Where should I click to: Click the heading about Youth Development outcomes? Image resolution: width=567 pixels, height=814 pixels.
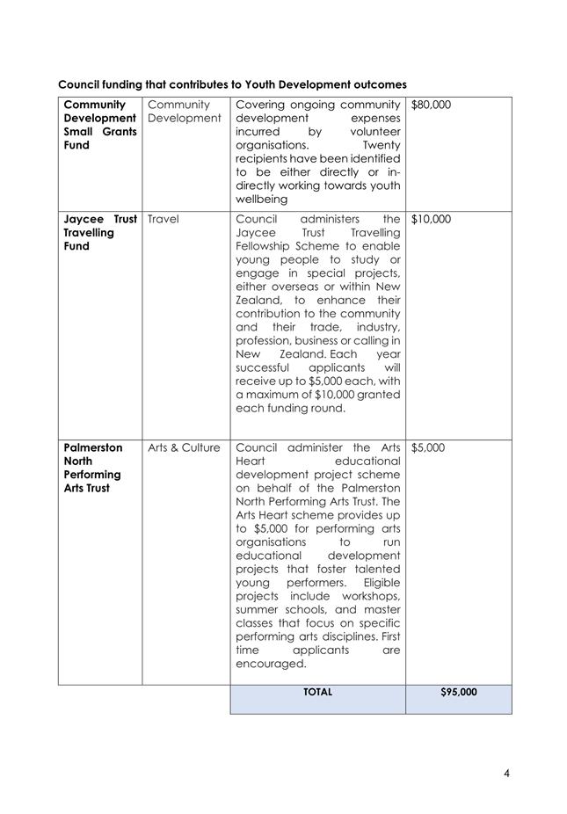tap(232, 84)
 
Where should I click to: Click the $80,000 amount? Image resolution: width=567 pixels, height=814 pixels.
tap(431, 105)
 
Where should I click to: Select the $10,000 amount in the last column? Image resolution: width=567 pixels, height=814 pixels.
tap(431, 219)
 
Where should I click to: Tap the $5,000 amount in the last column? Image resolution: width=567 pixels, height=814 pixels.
tap(428, 447)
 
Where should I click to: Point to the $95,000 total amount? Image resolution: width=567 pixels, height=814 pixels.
tap(458, 693)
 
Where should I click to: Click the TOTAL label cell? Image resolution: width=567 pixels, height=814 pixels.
tap(317, 693)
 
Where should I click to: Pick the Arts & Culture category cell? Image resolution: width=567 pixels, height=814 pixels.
tap(184, 447)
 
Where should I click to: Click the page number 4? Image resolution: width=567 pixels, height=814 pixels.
tap(506, 774)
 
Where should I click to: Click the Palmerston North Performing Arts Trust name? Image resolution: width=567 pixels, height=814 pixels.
tap(93, 468)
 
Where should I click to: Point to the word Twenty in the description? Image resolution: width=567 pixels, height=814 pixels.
tap(381, 145)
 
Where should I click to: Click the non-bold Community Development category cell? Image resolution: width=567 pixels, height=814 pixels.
tap(184, 112)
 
